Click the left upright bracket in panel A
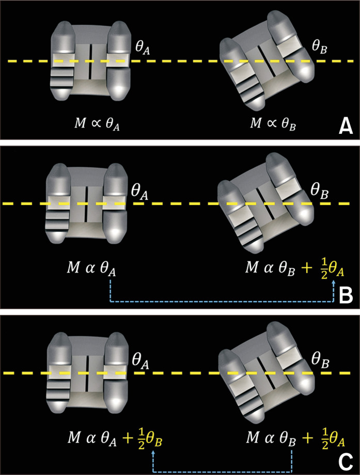click(88, 60)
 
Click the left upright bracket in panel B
click(86, 204)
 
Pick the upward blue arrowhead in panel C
click(153, 451)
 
